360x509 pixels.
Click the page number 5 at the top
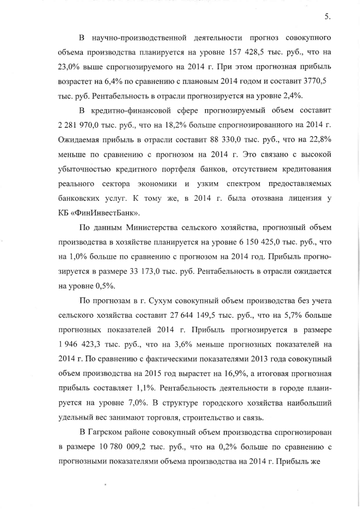(x=327, y=16)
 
